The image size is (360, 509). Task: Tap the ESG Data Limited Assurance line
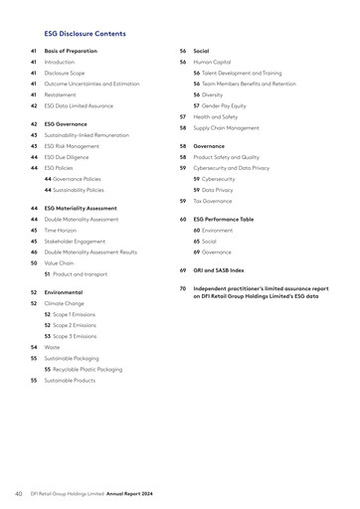point(77,105)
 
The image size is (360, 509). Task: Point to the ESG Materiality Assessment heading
point(81,208)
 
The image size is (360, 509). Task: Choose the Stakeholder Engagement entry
point(77,241)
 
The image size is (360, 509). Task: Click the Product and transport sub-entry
point(81,273)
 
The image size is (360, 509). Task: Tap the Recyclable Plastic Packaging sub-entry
point(89,369)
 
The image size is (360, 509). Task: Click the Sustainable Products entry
point(72,380)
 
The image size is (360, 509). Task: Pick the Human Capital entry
point(212,62)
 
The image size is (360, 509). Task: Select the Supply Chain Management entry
point(227,127)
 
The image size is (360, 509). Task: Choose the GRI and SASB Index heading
point(219,269)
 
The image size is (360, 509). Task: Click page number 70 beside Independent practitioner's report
point(183,288)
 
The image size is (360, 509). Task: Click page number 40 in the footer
point(18,492)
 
